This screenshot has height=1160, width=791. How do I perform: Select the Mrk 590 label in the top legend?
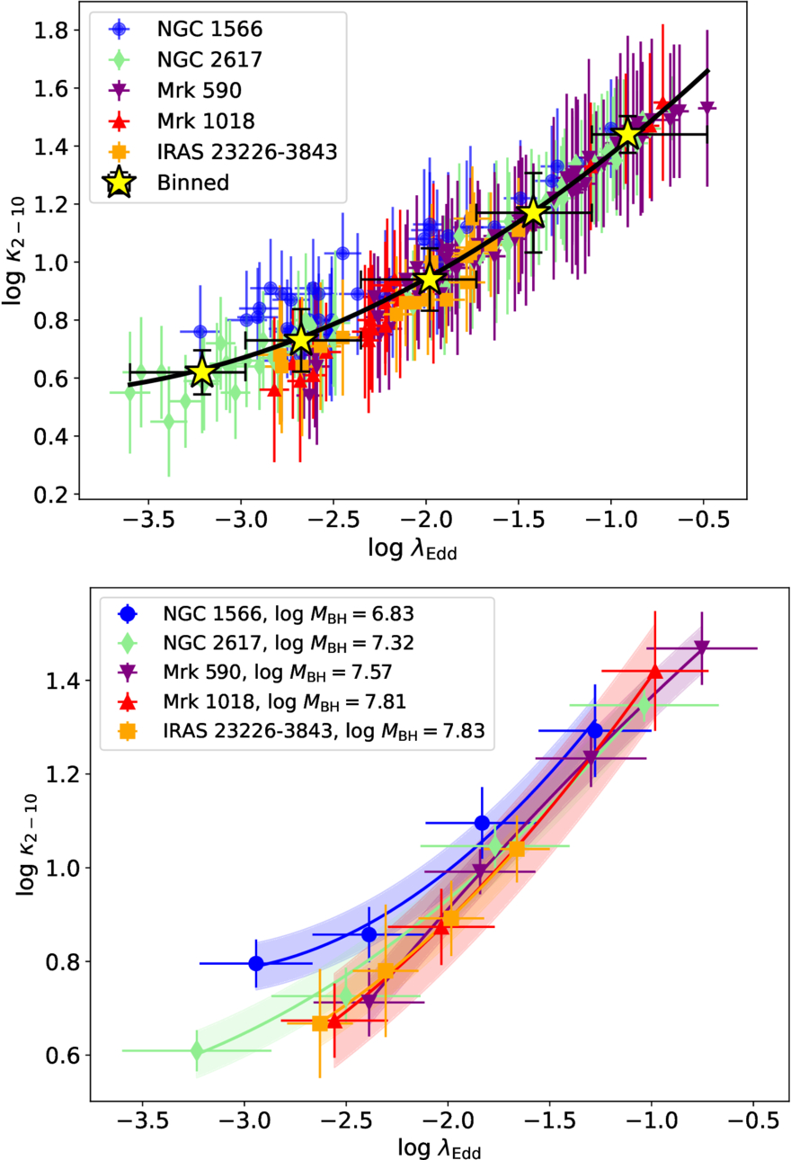click(200, 90)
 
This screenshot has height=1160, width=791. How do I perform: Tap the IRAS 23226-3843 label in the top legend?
click(247, 152)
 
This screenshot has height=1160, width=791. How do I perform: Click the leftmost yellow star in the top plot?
click(202, 372)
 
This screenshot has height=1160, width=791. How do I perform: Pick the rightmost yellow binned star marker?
click(628, 134)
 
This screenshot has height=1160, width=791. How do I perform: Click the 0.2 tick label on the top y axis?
click(50, 495)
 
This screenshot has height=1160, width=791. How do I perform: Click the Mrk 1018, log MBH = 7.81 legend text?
click(284, 701)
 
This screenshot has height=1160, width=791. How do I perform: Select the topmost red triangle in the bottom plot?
click(655, 671)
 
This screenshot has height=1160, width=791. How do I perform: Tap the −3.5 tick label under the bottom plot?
click(142, 1121)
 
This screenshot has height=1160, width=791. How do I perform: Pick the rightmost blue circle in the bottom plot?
click(595, 731)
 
